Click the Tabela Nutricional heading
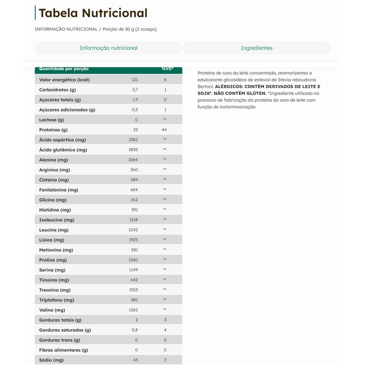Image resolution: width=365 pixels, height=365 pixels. pyautogui.click(x=93, y=13)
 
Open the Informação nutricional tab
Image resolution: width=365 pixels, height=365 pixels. pyautogui.click(x=109, y=48)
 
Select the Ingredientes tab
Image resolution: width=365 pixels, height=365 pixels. pyautogui.click(x=256, y=48)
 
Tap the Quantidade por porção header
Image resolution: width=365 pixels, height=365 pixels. pyautogui.click(x=64, y=69)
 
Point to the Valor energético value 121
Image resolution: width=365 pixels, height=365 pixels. pyautogui.click(x=135, y=79)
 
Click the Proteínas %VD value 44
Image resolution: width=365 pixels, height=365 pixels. pyautogui.click(x=165, y=130)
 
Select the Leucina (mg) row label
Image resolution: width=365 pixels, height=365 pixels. pyautogui.click(x=54, y=230)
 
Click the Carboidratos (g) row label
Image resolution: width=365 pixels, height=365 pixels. pyautogui.click(x=57, y=89)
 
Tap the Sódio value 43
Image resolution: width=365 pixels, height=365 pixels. pyautogui.click(x=135, y=360)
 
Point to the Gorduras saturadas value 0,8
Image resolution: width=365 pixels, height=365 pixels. pyautogui.click(x=135, y=330)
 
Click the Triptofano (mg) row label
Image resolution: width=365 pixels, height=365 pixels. pyautogui.click(x=57, y=300)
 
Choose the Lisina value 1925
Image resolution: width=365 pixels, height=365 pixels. pyautogui.click(x=134, y=240)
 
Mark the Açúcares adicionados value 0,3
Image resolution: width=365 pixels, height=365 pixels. pyautogui.click(x=135, y=109)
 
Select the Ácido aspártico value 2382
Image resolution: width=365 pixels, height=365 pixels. pyautogui.click(x=134, y=140)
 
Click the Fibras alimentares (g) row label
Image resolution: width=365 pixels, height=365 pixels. pyautogui.click(x=63, y=350)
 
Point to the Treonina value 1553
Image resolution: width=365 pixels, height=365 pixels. pyautogui.click(x=134, y=290)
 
